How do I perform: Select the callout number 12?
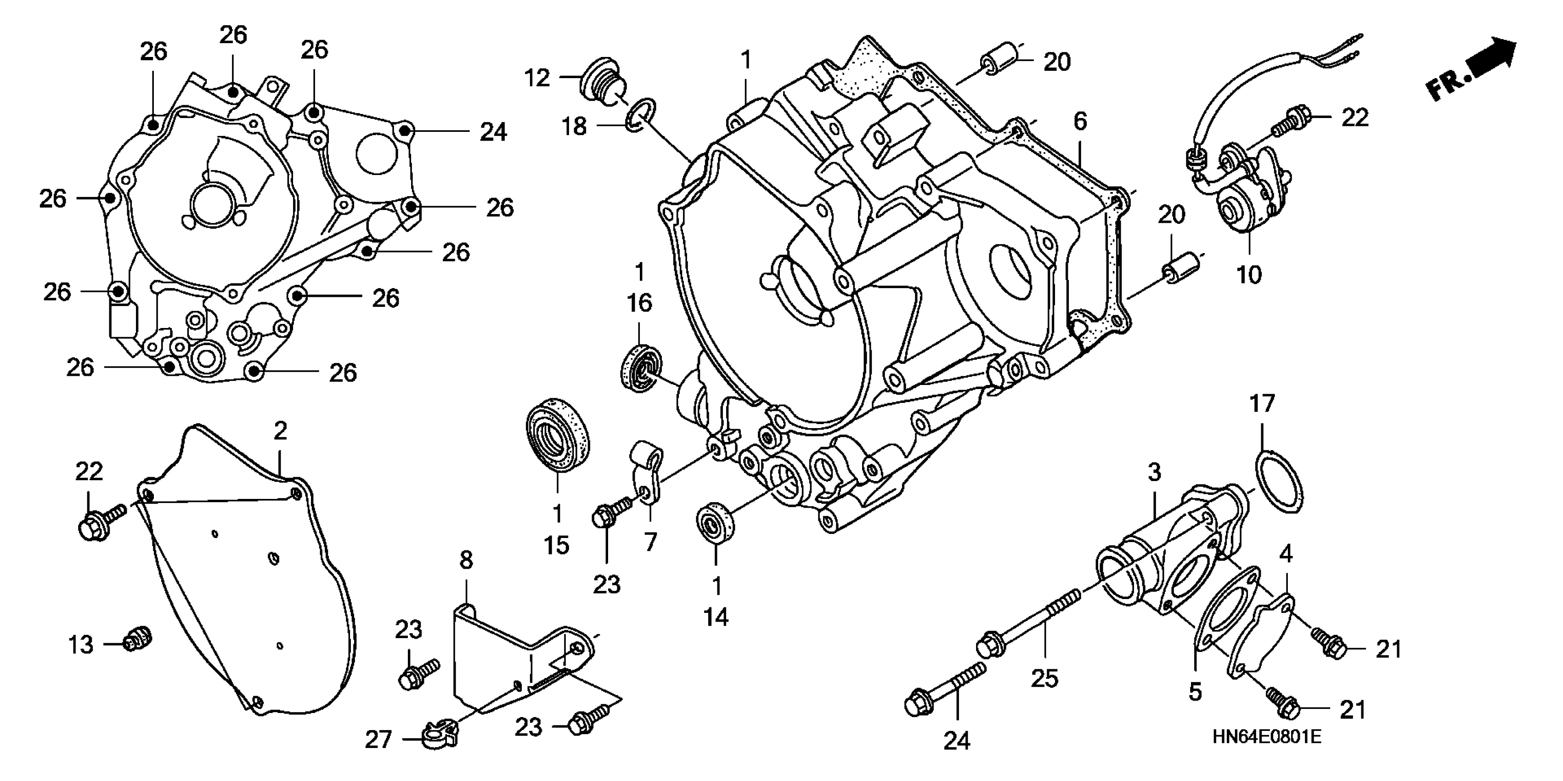tap(537, 78)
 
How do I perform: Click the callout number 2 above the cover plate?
tap(280, 431)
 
